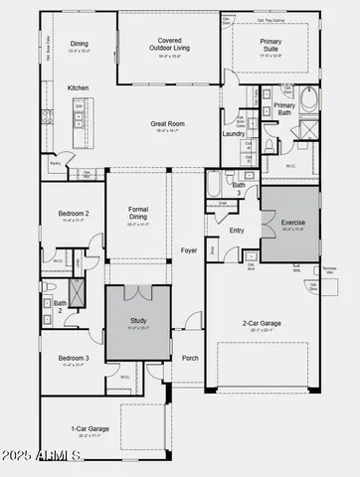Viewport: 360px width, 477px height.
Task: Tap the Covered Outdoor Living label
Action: (x=167, y=41)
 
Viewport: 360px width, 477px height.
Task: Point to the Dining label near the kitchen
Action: (x=79, y=43)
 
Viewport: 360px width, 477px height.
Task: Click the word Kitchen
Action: (x=79, y=87)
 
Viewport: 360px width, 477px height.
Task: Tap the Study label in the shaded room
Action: (x=138, y=320)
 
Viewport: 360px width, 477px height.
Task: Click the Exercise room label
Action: (x=292, y=223)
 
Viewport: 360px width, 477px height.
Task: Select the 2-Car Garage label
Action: (x=263, y=322)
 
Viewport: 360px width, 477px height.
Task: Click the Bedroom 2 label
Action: (x=73, y=214)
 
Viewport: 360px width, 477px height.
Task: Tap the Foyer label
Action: (x=188, y=250)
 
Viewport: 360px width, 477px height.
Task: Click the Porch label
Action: (x=190, y=358)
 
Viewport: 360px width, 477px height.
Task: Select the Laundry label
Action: (x=234, y=133)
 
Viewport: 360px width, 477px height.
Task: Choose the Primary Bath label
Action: (x=284, y=108)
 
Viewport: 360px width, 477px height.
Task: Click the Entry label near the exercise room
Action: (x=237, y=231)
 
